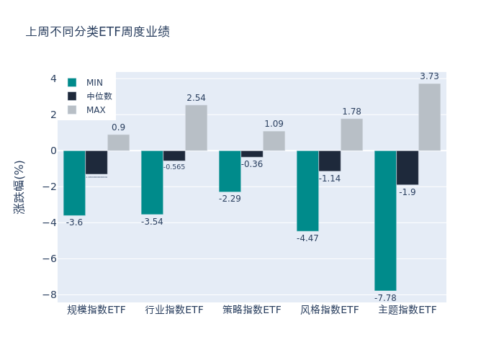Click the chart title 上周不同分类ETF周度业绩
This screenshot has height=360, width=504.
(x=98, y=32)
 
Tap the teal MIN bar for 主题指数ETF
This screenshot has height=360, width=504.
(x=385, y=220)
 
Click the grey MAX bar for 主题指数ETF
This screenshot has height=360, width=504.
(x=429, y=117)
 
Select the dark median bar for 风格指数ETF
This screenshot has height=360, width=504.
(x=329, y=161)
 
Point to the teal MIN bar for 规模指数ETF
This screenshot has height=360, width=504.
(x=74, y=183)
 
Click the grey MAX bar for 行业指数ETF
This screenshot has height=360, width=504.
(x=196, y=127)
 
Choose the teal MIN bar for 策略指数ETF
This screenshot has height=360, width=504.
(x=230, y=171)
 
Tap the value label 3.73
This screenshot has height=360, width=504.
(x=429, y=76)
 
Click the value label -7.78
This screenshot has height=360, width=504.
(x=385, y=298)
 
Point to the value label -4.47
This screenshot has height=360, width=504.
(x=307, y=238)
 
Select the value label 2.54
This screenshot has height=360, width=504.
(x=196, y=98)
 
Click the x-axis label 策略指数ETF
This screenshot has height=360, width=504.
(x=252, y=310)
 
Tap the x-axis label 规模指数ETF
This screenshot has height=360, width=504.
(x=96, y=310)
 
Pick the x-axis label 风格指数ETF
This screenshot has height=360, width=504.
(x=330, y=310)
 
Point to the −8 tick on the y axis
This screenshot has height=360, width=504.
(x=50, y=294)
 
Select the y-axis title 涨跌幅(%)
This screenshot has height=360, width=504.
(x=19, y=187)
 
